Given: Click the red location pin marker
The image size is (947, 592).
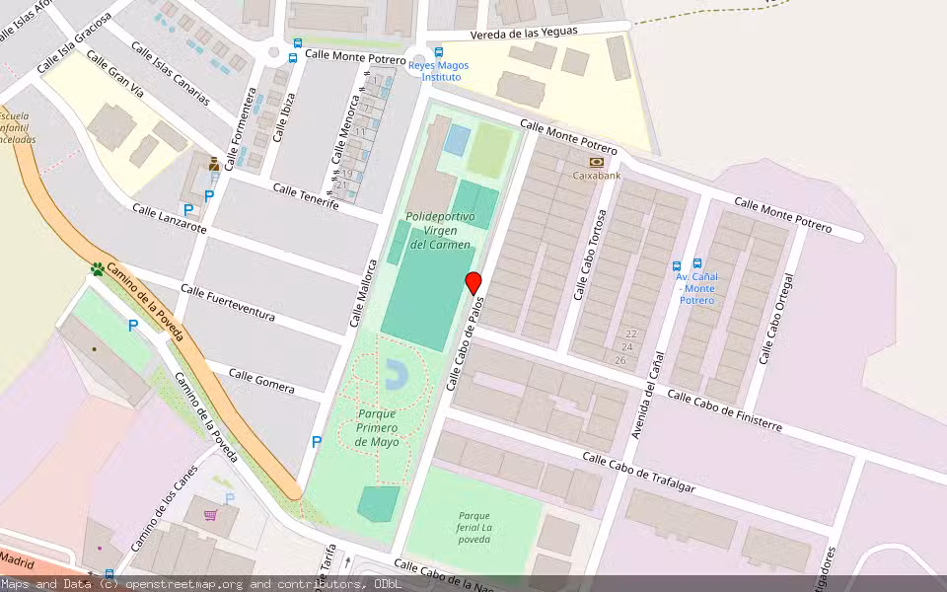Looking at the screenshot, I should [473, 283].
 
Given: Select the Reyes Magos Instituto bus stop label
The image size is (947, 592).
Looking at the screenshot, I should [439, 71].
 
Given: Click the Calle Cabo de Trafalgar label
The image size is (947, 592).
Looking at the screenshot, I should [638, 472].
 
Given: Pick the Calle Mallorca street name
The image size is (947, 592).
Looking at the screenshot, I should [364, 293].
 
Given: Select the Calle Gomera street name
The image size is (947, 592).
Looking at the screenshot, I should [261, 380].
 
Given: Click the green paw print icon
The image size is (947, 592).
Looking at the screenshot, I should [98, 268].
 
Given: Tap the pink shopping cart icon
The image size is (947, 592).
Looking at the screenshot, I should [210, 514].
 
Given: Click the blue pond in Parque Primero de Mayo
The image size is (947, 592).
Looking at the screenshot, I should [396, 373].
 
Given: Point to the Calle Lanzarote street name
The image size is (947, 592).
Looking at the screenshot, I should [170, 219].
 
